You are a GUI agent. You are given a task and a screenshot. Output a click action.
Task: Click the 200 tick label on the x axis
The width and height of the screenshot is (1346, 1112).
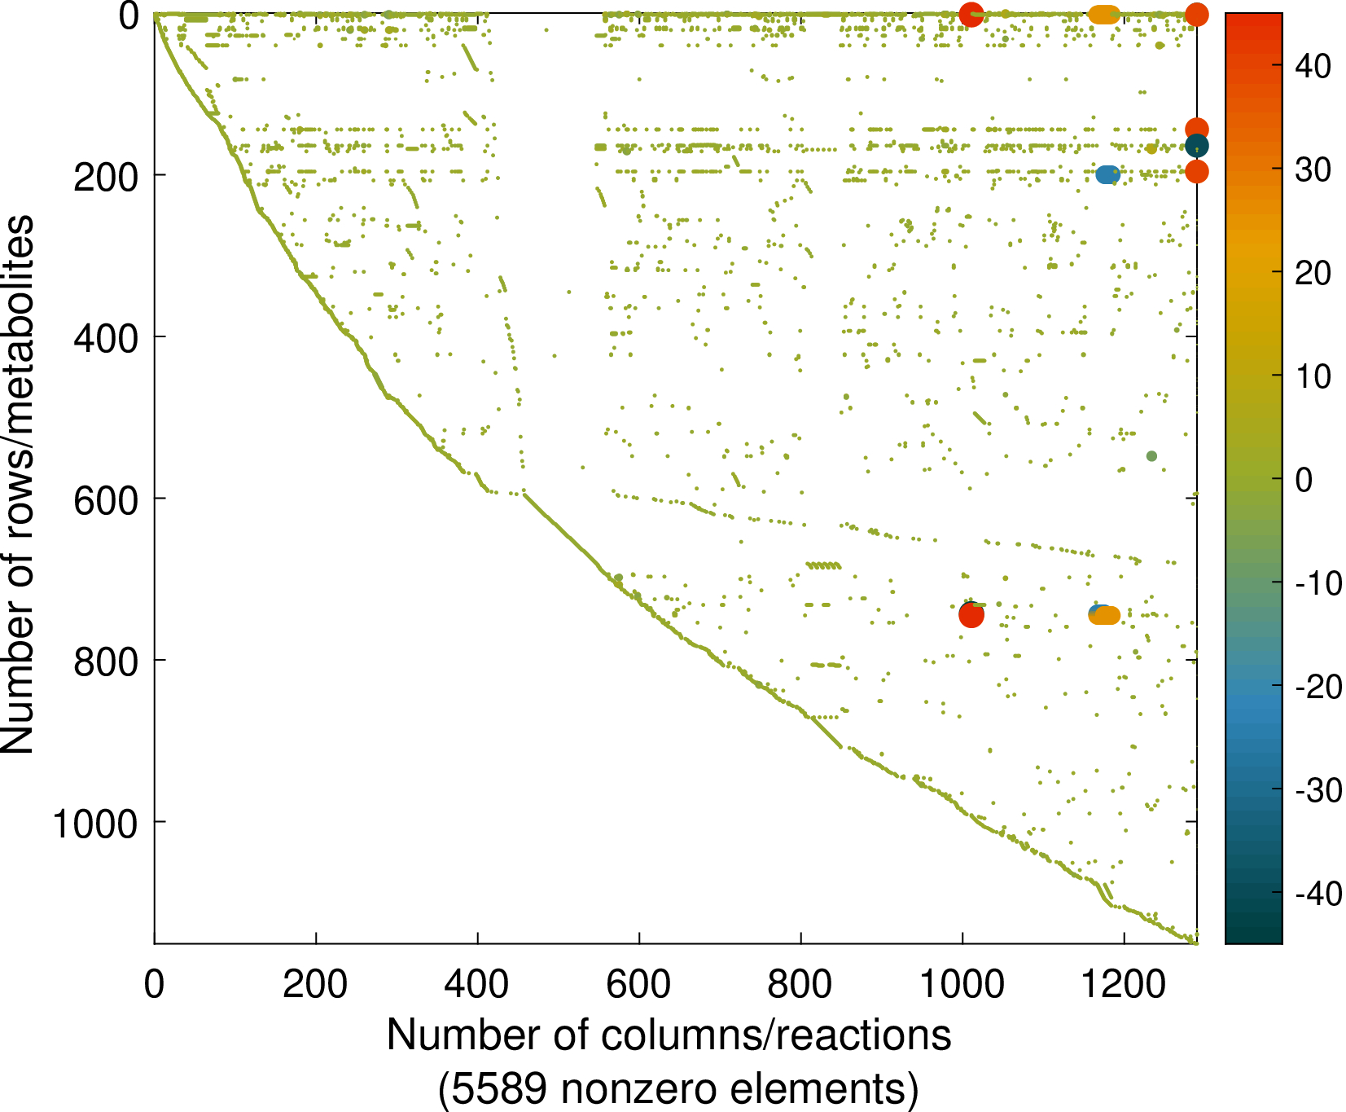pos(315,985)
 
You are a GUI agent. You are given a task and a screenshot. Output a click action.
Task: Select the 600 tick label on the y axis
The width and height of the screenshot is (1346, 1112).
pos(106,499)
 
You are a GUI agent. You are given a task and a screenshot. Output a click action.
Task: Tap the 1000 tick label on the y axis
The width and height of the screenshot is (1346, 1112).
pos(94,824)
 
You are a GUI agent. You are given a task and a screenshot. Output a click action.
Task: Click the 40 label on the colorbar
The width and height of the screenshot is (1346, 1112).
pos(1313,66)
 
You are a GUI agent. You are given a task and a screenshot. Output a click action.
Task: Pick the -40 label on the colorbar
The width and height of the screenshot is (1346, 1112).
pos(1318,894)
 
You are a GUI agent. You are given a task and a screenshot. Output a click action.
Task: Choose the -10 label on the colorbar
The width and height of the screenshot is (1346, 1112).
pos(1318,583)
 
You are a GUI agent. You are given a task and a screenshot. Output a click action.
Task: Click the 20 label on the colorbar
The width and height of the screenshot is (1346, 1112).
pos(1313,273)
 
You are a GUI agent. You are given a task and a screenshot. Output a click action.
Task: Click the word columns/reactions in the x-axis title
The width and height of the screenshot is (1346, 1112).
pos(776,1035)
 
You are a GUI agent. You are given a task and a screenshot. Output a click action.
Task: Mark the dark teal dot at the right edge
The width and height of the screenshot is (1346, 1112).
pos(1196,147)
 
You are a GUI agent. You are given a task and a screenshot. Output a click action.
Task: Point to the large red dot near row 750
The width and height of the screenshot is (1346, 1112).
pos(971,616)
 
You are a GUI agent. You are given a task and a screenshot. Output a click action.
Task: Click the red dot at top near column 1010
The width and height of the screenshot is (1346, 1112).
pos(971,14)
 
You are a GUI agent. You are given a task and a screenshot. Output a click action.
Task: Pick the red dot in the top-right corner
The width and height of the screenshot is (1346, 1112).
pos(1196,14)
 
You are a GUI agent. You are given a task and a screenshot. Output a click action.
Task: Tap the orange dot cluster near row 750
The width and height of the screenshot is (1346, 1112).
pos(1107,616)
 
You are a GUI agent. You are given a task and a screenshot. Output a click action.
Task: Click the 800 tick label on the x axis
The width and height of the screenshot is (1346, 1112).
pos(800,985)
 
